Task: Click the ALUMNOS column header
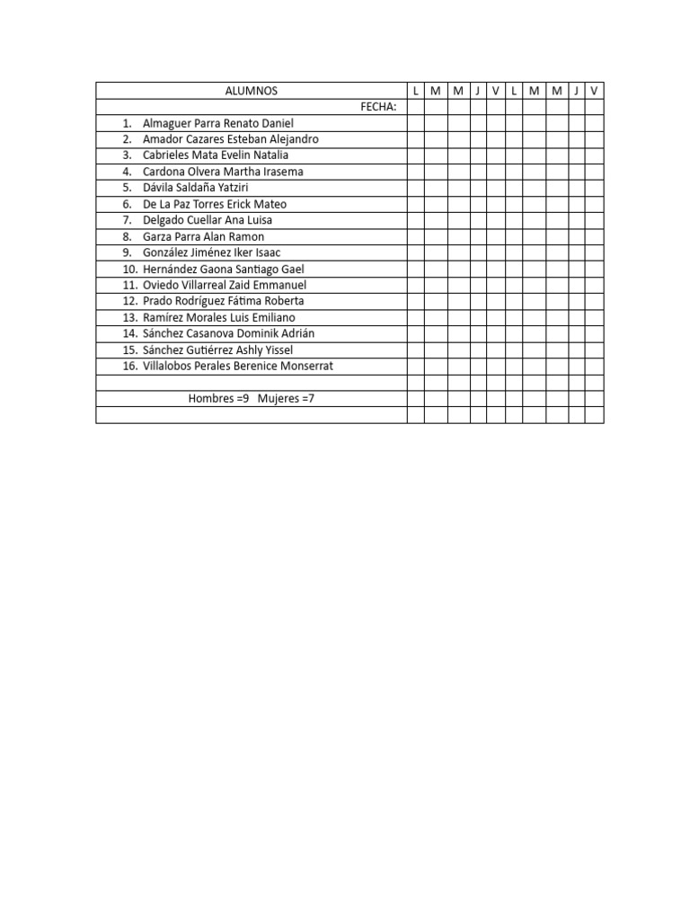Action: tap(252, 91)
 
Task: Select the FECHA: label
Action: tap(378, 107)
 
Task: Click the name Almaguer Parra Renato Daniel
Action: tap(218, 123)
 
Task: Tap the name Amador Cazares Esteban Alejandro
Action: tap(230, 139)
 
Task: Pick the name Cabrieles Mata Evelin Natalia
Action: tap(216, 155)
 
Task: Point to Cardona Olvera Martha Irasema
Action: tap(223, 172)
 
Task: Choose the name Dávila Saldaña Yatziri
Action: tap(195, 188)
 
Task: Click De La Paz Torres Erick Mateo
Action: tap(215, 204)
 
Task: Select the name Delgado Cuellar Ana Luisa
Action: tap(208, 220)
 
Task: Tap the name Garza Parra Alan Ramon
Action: tap(203, 236)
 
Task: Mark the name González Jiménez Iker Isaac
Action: tap(212, 252)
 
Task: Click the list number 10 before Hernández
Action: tap(130, 269)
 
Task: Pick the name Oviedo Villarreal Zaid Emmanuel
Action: tap(225, 285)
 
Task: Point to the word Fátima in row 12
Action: tap(246, 301)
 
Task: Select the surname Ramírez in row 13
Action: tap(163, 317)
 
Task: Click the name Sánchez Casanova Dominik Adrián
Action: tap(228, 333)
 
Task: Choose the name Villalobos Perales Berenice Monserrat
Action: tap(237, 366)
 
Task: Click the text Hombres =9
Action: tap(218, 398)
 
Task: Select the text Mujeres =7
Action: tap(286, 398)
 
